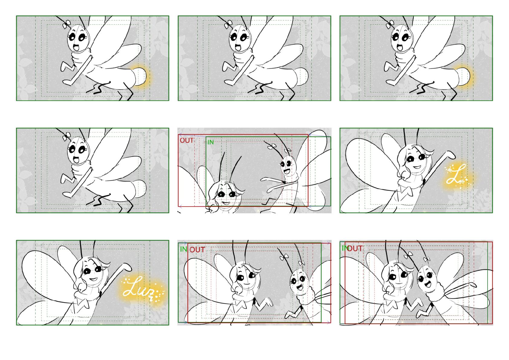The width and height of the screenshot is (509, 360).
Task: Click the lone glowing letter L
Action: pos(456,174)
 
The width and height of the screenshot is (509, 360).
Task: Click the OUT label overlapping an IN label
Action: pos(355,249)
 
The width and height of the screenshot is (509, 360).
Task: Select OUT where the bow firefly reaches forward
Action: pos(186,141)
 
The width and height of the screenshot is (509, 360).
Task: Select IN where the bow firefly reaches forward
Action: pos(211,142)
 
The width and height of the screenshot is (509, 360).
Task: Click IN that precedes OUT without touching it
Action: pos(183,249)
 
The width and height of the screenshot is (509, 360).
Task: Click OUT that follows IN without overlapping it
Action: pos(197,250)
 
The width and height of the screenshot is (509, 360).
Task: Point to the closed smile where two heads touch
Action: pos(399,283)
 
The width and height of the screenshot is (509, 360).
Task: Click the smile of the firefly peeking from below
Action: pos(226,203)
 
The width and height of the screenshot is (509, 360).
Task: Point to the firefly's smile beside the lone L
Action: pos(417,167)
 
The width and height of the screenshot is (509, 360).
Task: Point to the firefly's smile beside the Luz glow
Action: pos(93,279)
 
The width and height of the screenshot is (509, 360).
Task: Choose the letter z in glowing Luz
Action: pos(151,293)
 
